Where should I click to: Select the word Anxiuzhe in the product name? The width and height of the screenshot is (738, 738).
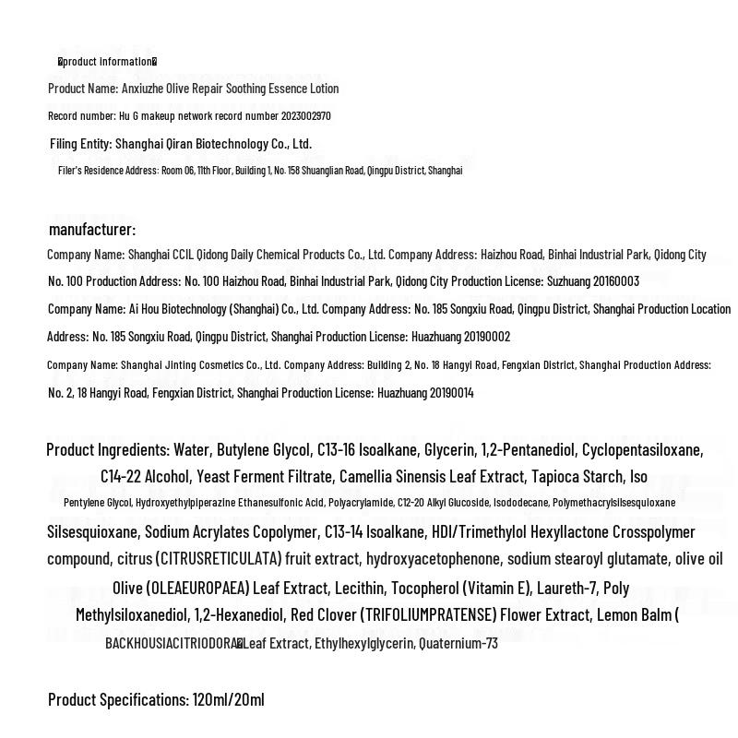142,89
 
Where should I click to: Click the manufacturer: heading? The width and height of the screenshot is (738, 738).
91,229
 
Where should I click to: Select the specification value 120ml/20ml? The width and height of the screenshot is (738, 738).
228,699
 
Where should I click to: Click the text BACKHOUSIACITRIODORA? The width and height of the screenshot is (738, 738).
173,643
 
